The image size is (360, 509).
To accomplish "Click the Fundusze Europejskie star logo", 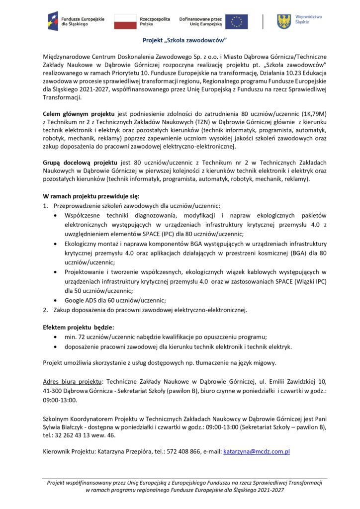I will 53,21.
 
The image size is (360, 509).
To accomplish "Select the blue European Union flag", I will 236,21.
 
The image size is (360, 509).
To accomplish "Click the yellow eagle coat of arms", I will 284,21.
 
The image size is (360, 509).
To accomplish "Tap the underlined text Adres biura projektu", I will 73,381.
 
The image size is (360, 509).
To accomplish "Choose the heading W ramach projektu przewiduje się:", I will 91,196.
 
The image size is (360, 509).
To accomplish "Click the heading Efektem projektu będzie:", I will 79,327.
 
